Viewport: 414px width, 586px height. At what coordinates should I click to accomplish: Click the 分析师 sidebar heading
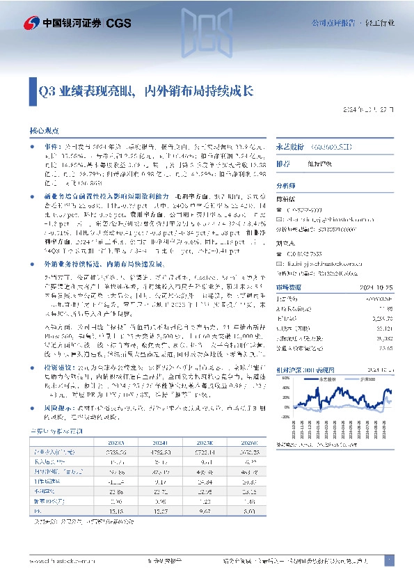287,186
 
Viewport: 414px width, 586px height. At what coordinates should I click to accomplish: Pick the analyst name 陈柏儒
286,198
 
